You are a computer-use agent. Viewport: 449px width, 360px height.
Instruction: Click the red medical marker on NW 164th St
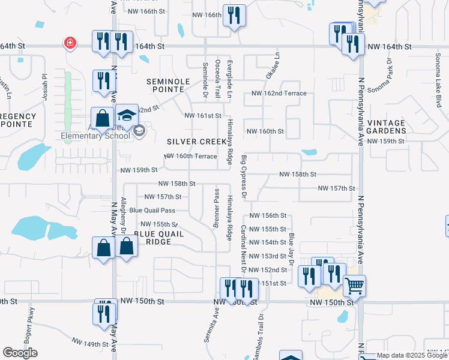pos(70,43)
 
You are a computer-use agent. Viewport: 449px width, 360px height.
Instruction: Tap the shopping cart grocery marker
pos(355,286)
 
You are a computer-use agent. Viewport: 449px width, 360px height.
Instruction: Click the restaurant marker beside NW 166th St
pos(234,15)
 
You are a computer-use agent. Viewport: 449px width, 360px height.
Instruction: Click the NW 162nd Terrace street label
pos(279,94)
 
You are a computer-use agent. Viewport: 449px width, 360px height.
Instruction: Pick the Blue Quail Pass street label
pos(152,211)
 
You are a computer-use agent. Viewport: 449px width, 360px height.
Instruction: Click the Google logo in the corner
pos(20,353)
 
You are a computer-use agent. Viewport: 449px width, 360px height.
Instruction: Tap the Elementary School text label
pos(95,136)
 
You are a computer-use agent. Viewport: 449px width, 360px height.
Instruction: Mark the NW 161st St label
pos(203,115)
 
